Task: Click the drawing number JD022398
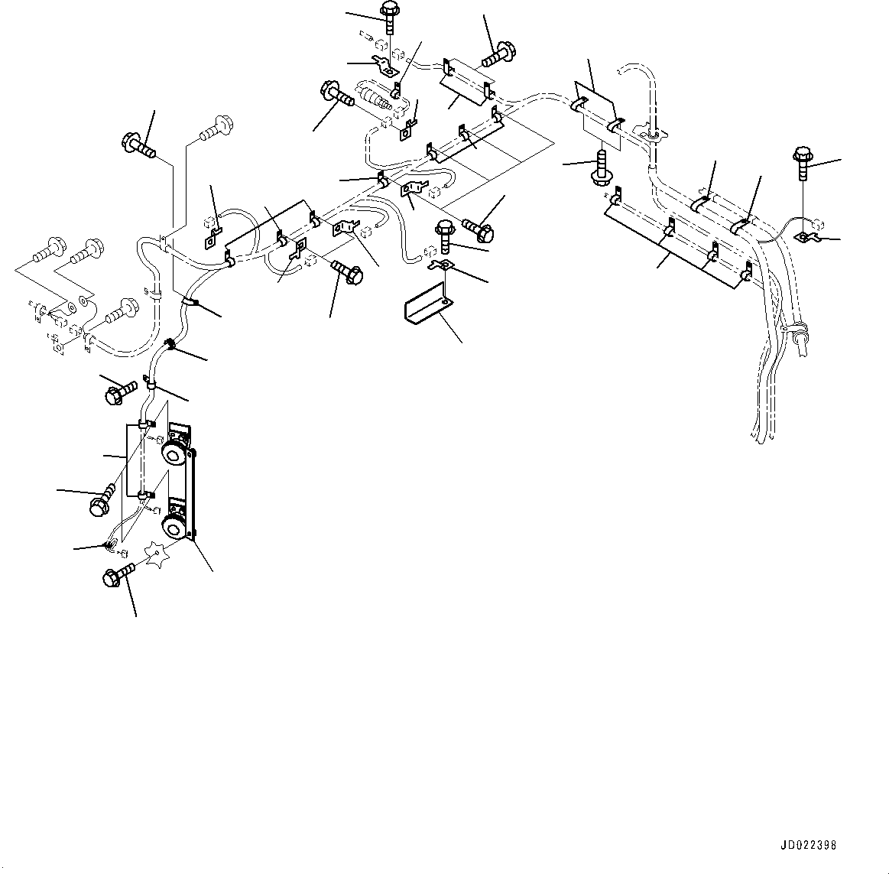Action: (x=808, y=846)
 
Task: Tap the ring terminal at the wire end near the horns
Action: (x=109, y=545)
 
